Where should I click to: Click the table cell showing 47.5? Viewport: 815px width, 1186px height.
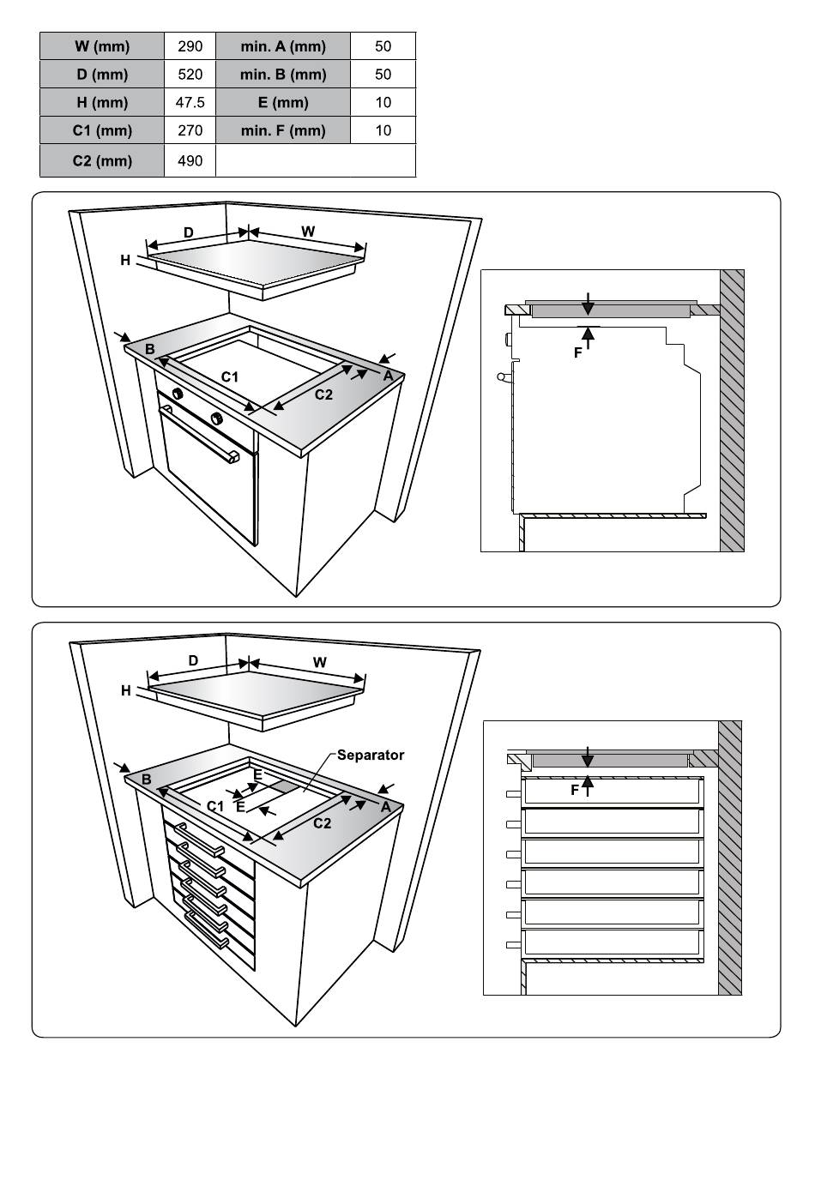(x=190, y=102)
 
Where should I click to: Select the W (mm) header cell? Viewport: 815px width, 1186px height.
(x=102, y=46)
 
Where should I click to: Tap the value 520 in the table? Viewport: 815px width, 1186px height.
(x=190, y=75)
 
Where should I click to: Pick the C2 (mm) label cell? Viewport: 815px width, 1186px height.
(x=102, y=160)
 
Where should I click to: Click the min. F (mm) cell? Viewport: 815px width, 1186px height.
(x=283, y=130)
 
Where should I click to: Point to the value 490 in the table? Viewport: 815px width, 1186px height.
(x=190, y=160)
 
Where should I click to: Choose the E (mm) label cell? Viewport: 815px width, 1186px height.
(x=283, y=102)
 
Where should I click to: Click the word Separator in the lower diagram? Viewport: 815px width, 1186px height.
(x=370, y=756)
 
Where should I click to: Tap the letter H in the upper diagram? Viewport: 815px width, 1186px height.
(x=125, y=260)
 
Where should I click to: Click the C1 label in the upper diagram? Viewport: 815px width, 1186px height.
(x=230, y=376)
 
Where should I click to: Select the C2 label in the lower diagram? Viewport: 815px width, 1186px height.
(x=323, y=824)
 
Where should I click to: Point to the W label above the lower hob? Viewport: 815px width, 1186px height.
(x=320, y=662)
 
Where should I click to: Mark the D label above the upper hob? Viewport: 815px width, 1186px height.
(x=189, y=232)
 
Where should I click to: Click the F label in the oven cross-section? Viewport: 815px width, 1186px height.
(x=577, y=352)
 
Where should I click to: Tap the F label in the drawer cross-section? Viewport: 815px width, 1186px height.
(x=575, y=790)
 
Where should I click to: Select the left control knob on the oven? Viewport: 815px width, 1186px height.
(x=178, y=394)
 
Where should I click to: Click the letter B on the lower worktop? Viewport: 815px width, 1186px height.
(x=147, y=780)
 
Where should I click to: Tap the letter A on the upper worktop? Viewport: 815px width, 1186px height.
(x=388, y=376)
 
